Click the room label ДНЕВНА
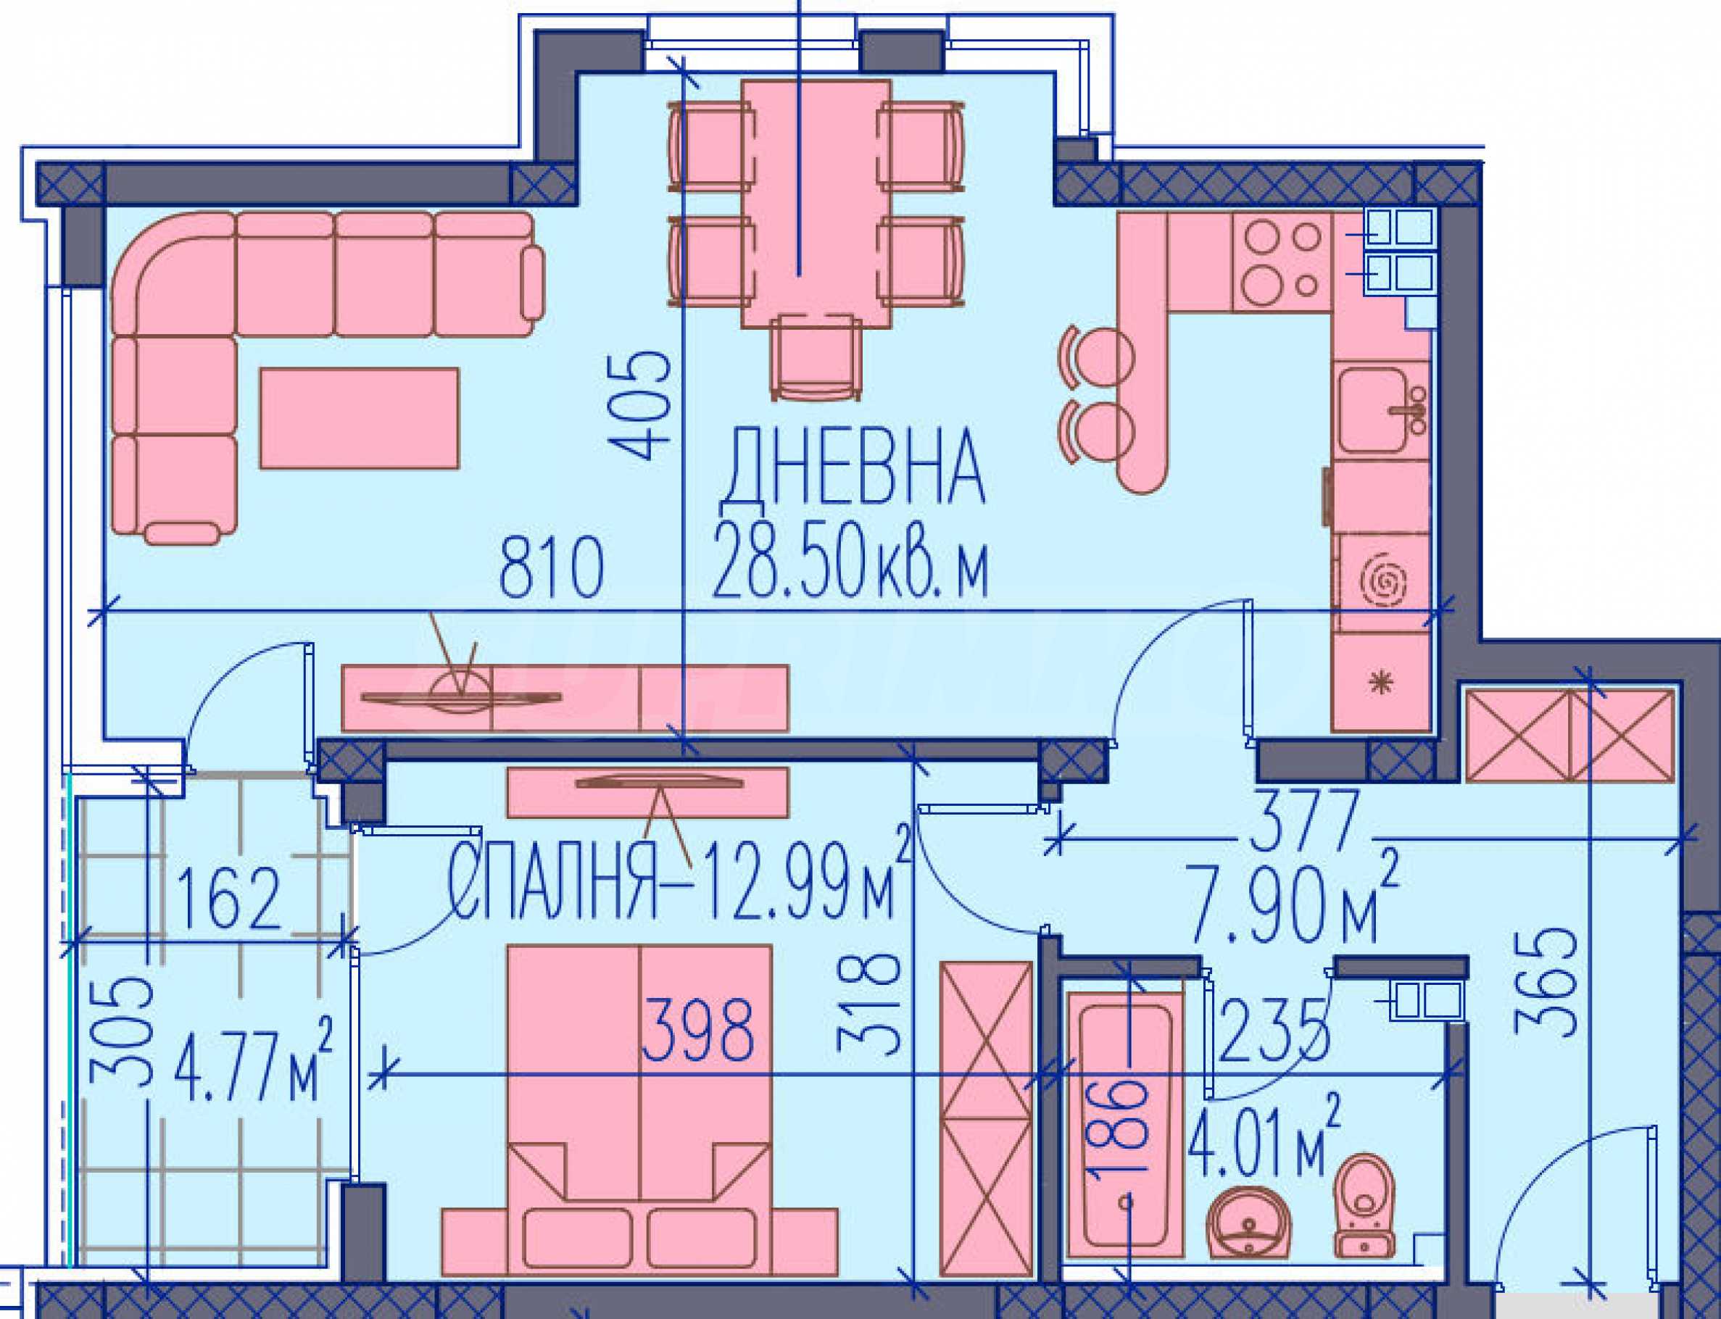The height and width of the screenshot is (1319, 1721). tap(852, 468)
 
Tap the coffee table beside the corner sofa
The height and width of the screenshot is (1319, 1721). tap(360, 417)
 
